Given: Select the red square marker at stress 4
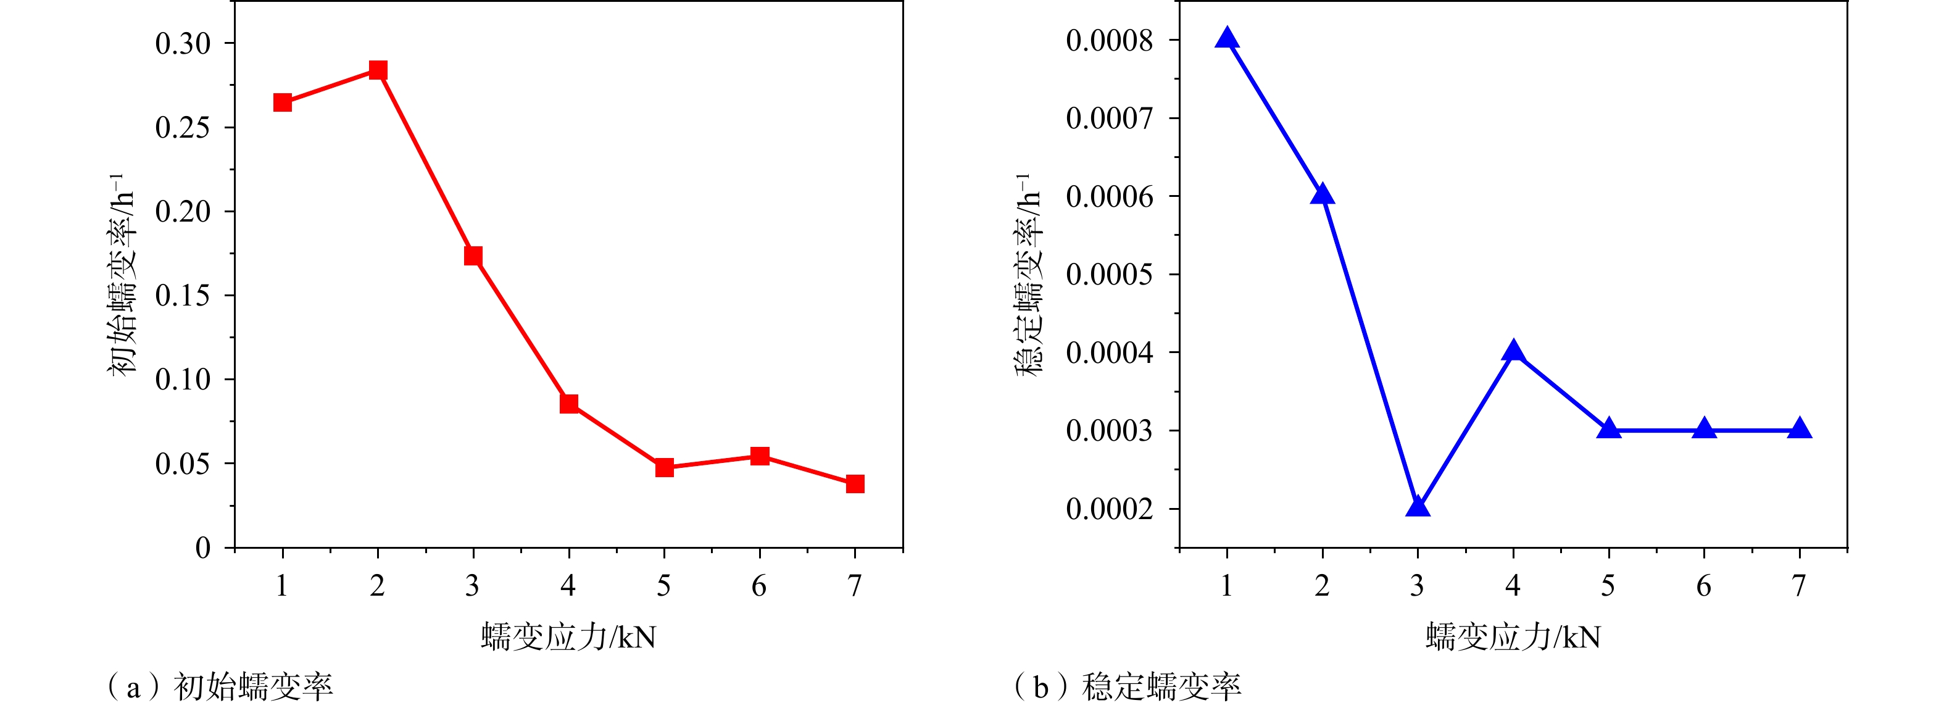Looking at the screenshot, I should (x=569, y=404).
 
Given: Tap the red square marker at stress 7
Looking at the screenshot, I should (x=855, y=484).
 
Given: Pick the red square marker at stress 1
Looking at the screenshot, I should (x=282, y=102).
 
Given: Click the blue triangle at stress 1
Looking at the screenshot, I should (x=1227, y=38).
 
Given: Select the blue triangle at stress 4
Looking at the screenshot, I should (x=1513, y=351).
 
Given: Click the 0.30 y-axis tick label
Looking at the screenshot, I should (x=183, y=44).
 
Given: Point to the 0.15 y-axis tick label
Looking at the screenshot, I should (x=183, y=296).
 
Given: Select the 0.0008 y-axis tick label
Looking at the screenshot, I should (x=1110, y=41).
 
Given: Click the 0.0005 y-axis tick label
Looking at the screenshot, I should (x=1110, y=275).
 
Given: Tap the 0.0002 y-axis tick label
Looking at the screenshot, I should (x=1110, y=509).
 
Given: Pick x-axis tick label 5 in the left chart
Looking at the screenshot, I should (x=664, y=586).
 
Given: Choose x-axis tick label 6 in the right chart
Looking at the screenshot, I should (x=1704, y=586).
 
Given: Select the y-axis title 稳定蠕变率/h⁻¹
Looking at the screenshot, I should (x=1028, y=275).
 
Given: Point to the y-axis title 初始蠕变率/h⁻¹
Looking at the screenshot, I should (x=122, y=275).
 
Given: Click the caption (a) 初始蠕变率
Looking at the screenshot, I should (x=220, y=687).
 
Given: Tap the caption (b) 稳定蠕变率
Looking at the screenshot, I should (x=1128, y=687).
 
